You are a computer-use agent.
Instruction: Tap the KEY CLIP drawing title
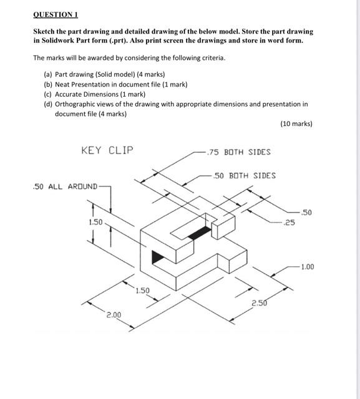(x=107, y=150)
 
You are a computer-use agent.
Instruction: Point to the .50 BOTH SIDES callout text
(x=244, y=176)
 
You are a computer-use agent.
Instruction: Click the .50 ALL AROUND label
(x=65, y=186)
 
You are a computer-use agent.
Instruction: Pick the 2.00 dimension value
(x=114, y=316)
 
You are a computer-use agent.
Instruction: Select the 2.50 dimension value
(x=260, y=303)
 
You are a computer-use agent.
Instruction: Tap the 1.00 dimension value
(x=307, y=267)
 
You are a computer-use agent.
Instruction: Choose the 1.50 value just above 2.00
(x=143, y=291)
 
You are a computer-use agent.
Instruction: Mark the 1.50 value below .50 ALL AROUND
(x=95, y=222)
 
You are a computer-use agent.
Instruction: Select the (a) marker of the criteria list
(x=48, y=74)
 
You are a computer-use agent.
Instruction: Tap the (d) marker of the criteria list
(x=48, y=104)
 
